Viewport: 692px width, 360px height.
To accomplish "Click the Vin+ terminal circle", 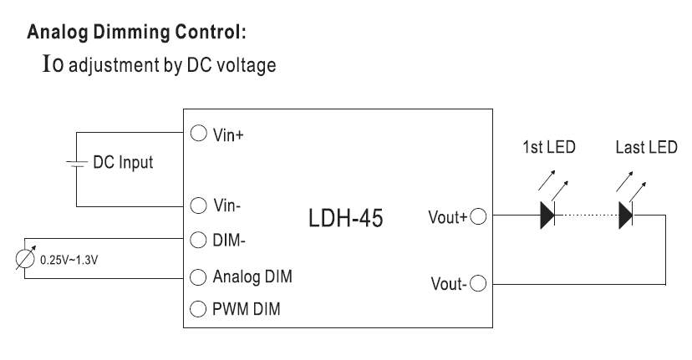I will [199, 133].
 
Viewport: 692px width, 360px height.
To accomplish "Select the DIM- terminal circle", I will [199, 241].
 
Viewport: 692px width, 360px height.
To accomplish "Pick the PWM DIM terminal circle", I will [199, 309].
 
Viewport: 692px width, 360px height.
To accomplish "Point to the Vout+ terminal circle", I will [478, 216].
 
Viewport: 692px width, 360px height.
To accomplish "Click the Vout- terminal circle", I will [478, 283].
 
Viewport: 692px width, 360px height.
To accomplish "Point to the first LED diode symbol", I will [548, 215].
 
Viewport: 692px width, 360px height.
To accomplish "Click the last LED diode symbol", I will [625, 215].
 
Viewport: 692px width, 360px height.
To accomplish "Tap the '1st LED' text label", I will [549, 148].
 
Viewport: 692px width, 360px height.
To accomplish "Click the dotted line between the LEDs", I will [587, 216].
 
